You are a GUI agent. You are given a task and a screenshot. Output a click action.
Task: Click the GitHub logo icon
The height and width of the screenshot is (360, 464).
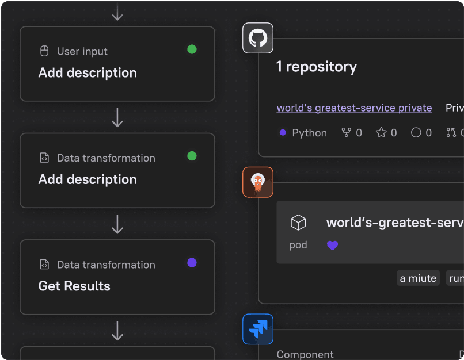tap(258, 39)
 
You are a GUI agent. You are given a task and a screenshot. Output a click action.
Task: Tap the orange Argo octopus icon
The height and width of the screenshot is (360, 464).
tap(258, 182)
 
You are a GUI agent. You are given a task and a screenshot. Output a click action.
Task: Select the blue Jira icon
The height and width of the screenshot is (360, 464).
tap(258, 329)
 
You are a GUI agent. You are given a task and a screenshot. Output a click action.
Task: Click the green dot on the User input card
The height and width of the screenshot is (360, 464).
tap(192, 49)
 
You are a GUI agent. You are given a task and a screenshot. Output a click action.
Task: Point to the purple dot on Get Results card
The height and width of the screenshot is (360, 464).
tap(192, 263)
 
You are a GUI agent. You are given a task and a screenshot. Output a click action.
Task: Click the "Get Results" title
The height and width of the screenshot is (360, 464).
tap(74, 286)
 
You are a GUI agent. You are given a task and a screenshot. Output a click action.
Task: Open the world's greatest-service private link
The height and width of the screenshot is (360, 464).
tap(354, 108)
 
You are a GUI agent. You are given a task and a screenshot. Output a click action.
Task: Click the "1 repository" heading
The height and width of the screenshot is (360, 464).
tap(317, 67)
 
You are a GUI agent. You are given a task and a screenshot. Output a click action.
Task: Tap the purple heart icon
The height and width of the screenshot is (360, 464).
tap(333, 245)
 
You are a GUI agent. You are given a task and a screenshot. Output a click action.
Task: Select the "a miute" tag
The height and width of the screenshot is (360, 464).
tap(418, 278)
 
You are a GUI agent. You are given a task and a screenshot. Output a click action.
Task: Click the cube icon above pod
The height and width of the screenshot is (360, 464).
tap(298, 223)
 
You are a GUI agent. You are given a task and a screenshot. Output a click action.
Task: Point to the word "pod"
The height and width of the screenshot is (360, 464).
tap(298, 245)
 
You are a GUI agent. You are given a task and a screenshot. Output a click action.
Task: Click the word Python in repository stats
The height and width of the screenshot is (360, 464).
tap(309, 133)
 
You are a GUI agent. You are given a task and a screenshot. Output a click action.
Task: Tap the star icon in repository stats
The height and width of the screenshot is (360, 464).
tap(381, 133)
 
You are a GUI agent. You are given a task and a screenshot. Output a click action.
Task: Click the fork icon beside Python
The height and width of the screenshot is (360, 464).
tap(347, 133)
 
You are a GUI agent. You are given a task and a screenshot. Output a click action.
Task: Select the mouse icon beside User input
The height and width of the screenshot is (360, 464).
tap(44, 51)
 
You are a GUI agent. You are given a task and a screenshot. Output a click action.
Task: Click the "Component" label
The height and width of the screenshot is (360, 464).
tap(305, 354)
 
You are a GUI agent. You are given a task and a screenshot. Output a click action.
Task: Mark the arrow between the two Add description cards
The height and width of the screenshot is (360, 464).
tap(117, 117)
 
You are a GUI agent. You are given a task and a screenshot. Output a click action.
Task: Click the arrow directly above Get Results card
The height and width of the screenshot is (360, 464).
tap(117, 224)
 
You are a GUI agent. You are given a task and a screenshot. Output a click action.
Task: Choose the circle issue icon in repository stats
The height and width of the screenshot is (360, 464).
tap(416, 133)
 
